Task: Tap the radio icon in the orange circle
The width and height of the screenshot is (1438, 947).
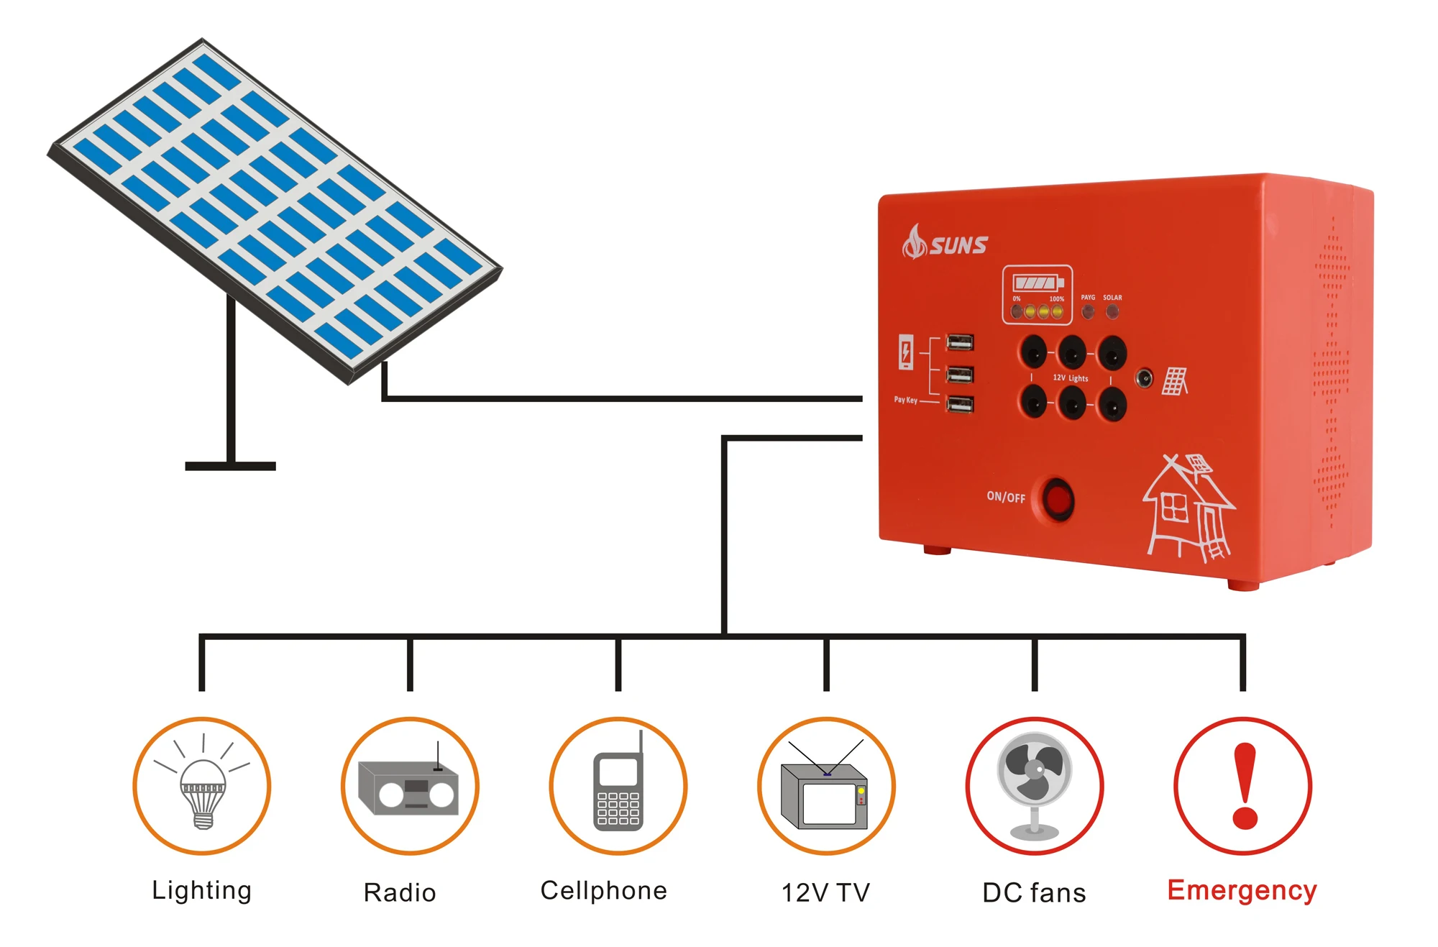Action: point(409,787)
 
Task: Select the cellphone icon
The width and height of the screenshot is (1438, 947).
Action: point(618,787)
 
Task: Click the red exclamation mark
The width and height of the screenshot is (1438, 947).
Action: point(1244,785)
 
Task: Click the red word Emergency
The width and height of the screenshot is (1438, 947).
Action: point(1242,890)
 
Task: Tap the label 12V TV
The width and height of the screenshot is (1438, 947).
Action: point(825,892)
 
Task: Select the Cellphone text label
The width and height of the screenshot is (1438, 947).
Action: point(603,890)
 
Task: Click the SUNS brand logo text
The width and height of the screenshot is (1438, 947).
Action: point(958,246)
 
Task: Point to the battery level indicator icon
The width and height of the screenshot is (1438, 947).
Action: point(1037,283)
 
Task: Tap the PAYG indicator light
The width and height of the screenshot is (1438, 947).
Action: point(1088,311)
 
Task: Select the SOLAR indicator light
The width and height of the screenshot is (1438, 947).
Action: point(1112,311)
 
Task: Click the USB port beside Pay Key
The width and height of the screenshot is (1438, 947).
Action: point(960,404)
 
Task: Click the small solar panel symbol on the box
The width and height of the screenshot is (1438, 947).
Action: point(1175,381)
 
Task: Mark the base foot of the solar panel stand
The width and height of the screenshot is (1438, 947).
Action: point(230,466)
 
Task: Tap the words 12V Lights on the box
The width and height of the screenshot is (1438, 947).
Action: point(1071,378)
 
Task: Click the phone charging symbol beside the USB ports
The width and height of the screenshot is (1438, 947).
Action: point(906,352)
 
